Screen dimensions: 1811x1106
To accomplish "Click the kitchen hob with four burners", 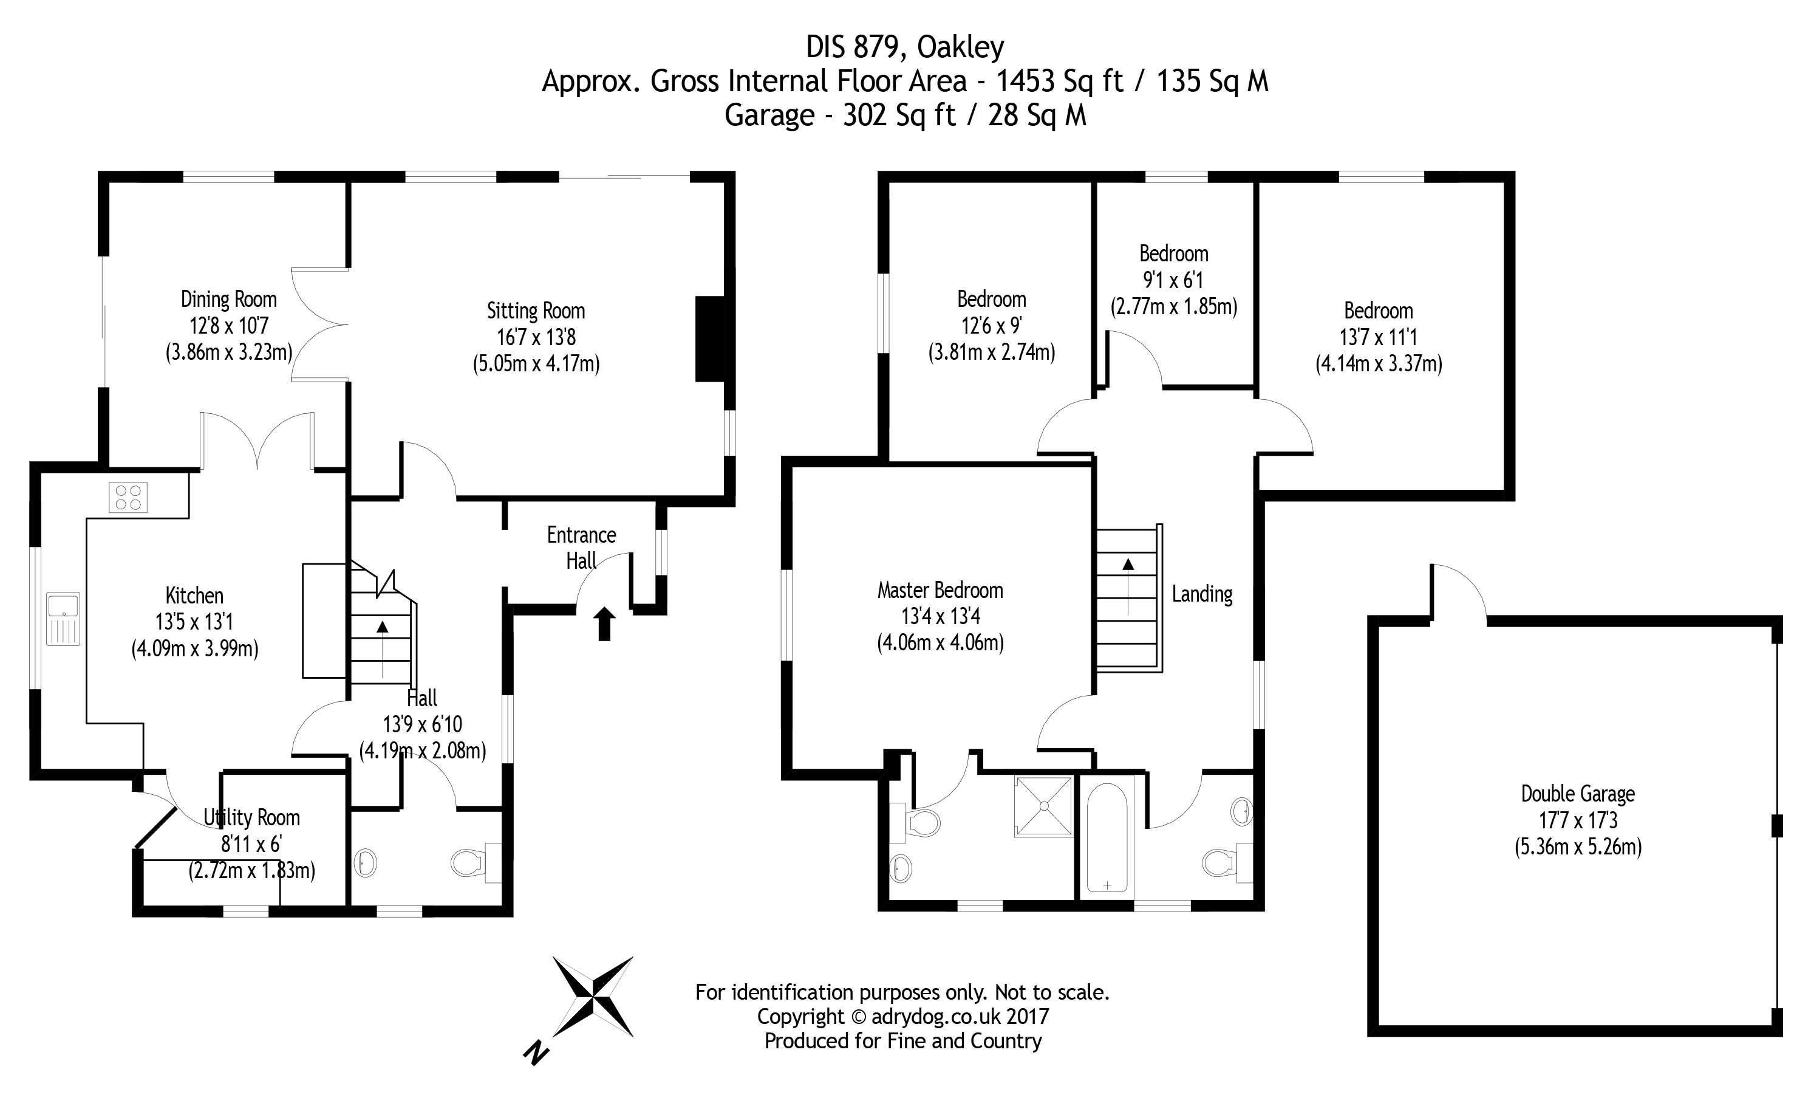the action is tap(128, 496).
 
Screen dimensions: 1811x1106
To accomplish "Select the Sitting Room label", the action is tap(536, 311).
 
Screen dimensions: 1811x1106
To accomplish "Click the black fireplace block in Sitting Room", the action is tap(710, 339).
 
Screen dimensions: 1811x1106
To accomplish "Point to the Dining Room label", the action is tap(228, 300).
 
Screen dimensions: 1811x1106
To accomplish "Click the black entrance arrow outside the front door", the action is tap(604, 623).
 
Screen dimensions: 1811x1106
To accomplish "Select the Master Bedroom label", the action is tap(940, 590).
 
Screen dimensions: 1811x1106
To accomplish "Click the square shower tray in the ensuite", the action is tap(1043, 806).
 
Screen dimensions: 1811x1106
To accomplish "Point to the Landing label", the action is tap(1202, 594).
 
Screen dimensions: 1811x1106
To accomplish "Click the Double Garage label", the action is tap(1577, 794).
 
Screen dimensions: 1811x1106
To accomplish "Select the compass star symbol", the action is tap(592, 997).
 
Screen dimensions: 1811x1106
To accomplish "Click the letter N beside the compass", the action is tap(536, 1054).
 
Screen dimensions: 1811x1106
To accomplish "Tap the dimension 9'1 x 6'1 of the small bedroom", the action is tap(1173, 280).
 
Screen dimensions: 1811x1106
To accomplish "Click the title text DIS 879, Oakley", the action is tap(905, 47).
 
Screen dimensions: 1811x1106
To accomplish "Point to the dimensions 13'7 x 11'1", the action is tap(1378, 337).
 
